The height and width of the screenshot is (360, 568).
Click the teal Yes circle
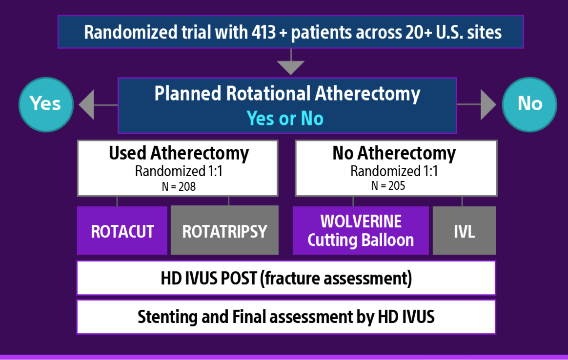click(x=46, y=104)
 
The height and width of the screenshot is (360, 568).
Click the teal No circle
click(x=529, y=104)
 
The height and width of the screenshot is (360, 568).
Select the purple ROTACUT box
click(x=122, y=231)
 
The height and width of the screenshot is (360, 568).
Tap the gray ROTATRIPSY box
click(x=224, y=231)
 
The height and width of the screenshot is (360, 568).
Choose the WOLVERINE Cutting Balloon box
click(x=361, y=231)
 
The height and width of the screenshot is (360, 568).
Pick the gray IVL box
click(x=464, y=231)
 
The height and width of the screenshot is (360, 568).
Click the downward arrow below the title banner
click(x=290, y=64)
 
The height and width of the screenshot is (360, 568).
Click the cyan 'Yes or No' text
click(x=285, y=119)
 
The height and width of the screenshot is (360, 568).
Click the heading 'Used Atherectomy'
click(x=179, y=153)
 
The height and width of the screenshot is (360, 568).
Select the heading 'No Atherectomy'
click(x=394, y=153)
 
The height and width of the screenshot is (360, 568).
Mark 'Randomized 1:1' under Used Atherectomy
click(x=179, y=171)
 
